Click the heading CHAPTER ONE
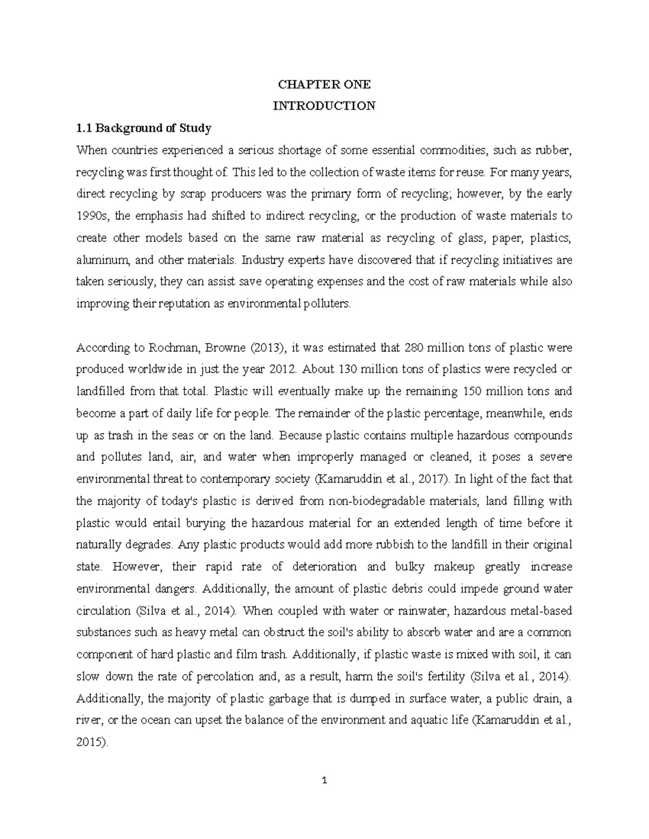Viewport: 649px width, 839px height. [x=324, y=84]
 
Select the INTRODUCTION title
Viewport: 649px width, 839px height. [x=324, y=106]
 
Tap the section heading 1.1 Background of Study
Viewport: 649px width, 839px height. [x=143, y=128]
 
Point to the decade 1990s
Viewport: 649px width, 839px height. [x=92, y=216]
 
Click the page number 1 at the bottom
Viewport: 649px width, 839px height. [x=325, y=781]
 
